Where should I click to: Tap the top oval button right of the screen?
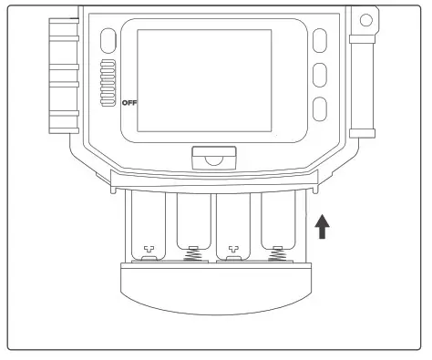[319, 40]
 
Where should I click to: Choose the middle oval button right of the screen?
[319, 74]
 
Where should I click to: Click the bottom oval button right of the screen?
[319, 108]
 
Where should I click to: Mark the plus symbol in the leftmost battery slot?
[149, 249]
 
